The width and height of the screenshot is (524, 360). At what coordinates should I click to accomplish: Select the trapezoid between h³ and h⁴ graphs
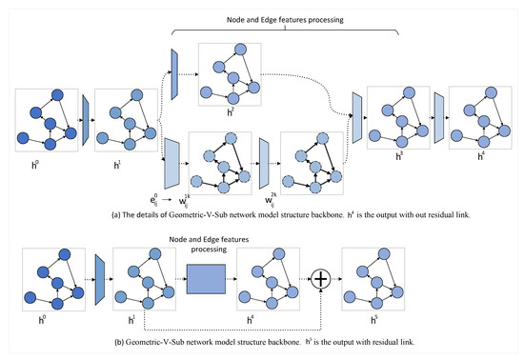[x=440, y=120]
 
